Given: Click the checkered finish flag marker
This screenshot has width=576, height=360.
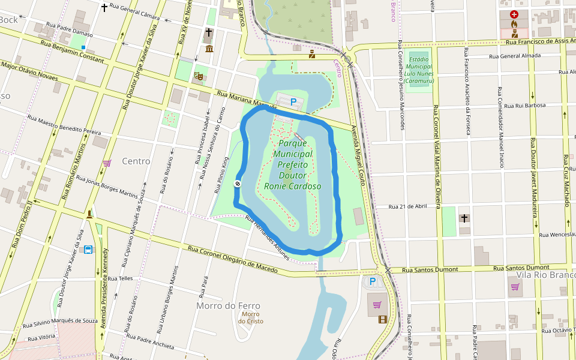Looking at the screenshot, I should pyautogui.click(x=238, y=184).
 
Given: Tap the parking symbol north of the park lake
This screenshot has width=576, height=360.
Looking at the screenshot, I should pyautogui.click(x=293, y=103).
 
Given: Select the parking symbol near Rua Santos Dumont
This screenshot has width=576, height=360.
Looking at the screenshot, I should pyautogui.click(x=372, y=281).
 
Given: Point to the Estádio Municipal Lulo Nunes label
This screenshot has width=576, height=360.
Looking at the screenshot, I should pyautogui.click(x=419, y=70).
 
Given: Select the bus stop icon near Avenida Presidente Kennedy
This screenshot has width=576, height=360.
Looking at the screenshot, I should pyautogui.click(x=89, y=250).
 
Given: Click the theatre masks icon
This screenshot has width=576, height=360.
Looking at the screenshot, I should pyautogui.click(x=197, y=76).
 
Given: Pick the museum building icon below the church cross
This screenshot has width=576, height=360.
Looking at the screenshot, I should pyautogui.click(x=209, y=48).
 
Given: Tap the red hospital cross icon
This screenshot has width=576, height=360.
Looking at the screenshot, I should pyautogui.click(x=514, y=14).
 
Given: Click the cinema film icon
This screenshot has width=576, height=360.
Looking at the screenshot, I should pyautogui.click(x=383, y=319).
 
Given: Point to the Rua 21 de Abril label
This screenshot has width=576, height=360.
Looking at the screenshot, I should pyautogui.click(x=407, y=206).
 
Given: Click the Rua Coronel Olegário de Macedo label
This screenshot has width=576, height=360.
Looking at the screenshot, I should pyautogui.click(x=233, y=259).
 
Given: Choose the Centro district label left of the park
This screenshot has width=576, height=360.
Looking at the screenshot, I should pyautogui.click(x=136, y=161).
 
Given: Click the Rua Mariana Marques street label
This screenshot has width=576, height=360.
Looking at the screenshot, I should pyautogui.click(x=247, y=100).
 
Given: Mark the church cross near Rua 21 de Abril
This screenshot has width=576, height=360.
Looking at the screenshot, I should pyautogui.click(x=464, y=218).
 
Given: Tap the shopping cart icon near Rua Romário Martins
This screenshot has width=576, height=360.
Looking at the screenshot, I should pyautogui.click(x=107, y=163).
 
